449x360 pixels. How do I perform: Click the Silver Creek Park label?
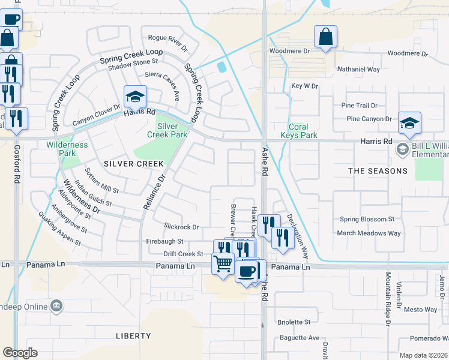[x=167, y=131]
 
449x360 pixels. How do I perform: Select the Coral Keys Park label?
[x=298, y=131]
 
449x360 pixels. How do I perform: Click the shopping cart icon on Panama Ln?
[x=223, y=263]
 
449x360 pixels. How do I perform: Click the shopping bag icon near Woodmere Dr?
[x=325, y=37]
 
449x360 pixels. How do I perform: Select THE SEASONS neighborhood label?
[x=378, y=171]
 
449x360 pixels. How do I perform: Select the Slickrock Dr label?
[x=181, y=227]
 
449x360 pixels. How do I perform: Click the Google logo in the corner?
[x=20, y=352]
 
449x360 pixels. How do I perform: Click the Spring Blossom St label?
[x=367, y=220]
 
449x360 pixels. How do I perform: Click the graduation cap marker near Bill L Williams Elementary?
[x=410, y=123]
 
